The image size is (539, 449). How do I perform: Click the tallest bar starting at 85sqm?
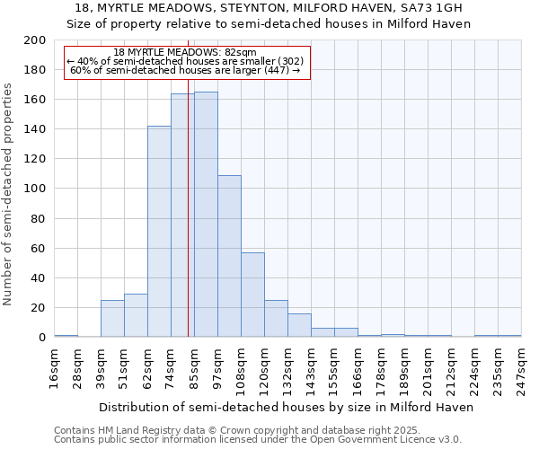[206, 215]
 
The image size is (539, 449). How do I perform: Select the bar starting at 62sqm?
[159, 232]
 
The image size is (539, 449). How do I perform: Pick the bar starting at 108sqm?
[252, 295]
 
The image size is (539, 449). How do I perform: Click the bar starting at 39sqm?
[112, 319]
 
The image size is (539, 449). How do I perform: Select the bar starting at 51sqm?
[136, 315]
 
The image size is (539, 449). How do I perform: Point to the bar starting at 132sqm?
[299, 326]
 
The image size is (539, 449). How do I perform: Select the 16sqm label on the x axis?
[54, 365]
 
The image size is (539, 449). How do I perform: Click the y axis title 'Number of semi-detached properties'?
[9, 194]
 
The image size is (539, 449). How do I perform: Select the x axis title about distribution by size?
[286, 407]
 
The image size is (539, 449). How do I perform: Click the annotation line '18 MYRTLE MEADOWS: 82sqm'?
[186, 52]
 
